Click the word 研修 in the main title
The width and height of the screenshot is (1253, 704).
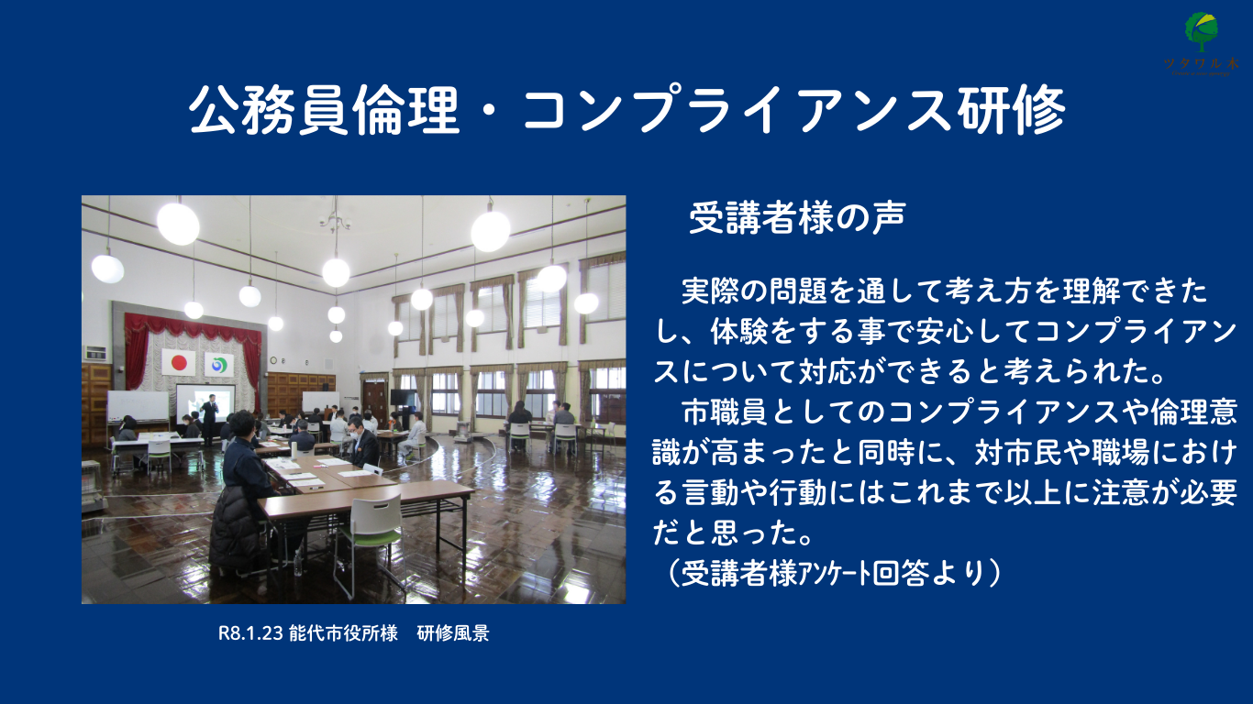coord(1012,110)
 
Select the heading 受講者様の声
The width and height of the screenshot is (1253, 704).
coord(797,218)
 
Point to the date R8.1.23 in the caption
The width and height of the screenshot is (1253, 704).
coord(250,633)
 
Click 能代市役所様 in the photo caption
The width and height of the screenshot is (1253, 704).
coord(343,633)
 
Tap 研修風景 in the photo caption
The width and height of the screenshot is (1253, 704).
coord(453,633)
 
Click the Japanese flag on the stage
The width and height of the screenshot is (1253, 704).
coord(179,362)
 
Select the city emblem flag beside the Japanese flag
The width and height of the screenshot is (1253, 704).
coord(218,365)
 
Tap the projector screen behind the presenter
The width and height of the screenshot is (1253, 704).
coord(205,402)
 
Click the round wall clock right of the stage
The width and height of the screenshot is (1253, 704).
coord(273,360)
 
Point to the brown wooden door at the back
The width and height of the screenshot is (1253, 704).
coord(375,401)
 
